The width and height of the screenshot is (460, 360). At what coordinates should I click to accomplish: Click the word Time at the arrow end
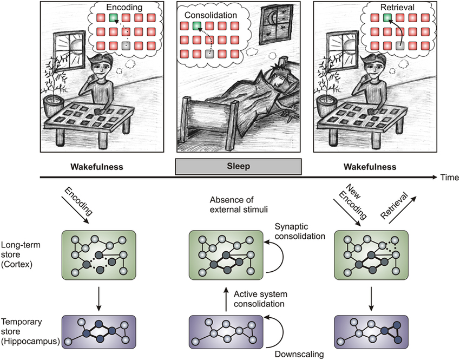point(449,178)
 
